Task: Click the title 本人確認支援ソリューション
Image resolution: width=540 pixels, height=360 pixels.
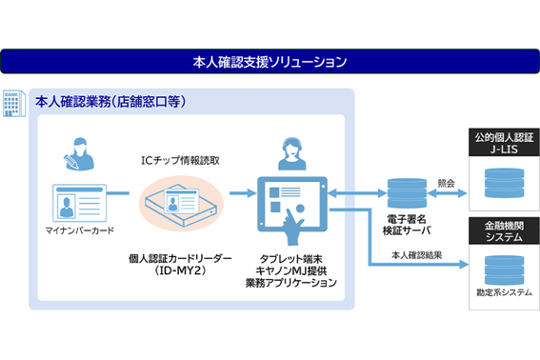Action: (270, 63)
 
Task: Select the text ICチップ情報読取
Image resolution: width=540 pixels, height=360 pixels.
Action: (181, 160)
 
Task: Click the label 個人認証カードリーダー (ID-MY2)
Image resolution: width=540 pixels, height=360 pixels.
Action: (181, 264)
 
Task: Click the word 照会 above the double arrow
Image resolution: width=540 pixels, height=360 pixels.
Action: (445, 182)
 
